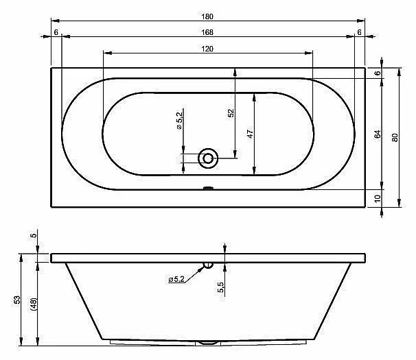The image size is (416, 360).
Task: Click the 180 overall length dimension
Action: [207, 16]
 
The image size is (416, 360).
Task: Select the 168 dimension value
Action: [207, 32]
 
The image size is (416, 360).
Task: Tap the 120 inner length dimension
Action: [207, 49]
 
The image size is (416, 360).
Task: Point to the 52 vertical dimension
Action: [231, 113]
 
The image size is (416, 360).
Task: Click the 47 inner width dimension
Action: [250, 134]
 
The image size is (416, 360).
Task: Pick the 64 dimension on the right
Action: [378, 134]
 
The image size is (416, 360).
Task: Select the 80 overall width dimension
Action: [395, 138]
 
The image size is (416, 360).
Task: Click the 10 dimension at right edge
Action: [378, 198]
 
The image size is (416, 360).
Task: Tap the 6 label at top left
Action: [56, 32]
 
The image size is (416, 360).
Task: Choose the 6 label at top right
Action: [359, 32]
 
